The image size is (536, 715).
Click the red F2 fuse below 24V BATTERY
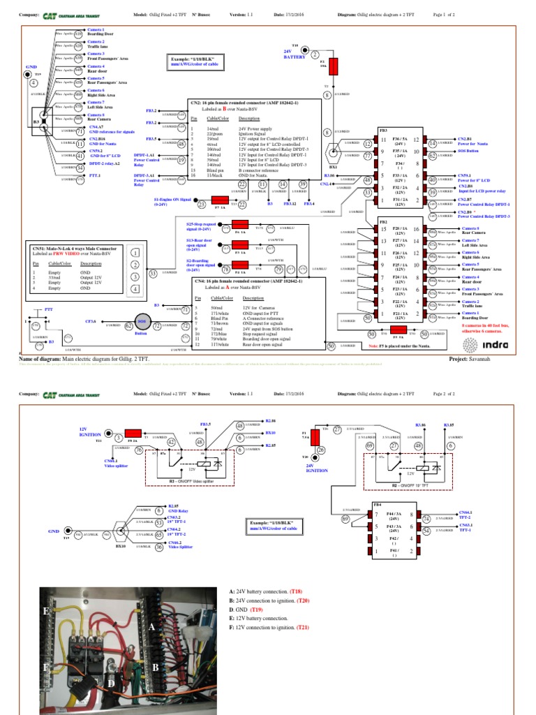coord(333,66)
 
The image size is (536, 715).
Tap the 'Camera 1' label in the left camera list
coord(96,30)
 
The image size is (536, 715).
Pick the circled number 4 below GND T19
coord(33,83)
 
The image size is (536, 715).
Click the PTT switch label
coord(49,308)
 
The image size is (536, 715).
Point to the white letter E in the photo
coord(46,611)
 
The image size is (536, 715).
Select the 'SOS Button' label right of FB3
coord(468,151)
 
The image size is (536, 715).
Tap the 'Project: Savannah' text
coord(472,357)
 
